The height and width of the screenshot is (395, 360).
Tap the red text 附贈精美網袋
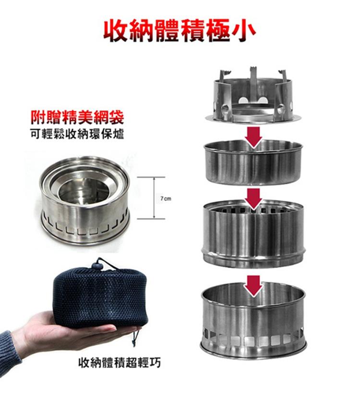pos(77,117)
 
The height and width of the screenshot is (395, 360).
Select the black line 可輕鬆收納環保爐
pos(77,135)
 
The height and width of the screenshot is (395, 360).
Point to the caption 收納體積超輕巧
pos(119,363)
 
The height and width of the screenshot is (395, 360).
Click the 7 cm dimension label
pos(166,198)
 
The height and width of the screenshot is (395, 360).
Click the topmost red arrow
pos(253,137)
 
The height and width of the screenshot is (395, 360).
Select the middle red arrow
pos(253,199)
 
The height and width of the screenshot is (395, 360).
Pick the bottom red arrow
pos(254,286)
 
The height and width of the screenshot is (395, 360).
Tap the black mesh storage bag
pos(101,297)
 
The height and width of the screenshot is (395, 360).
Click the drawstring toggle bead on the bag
pos(97,265)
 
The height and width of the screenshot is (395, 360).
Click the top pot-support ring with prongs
pos(253,97)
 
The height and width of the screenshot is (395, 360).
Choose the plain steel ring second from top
pos(253,162)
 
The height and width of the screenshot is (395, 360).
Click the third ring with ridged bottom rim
pos(253,233)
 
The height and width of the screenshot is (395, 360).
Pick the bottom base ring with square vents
pos(253,320)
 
